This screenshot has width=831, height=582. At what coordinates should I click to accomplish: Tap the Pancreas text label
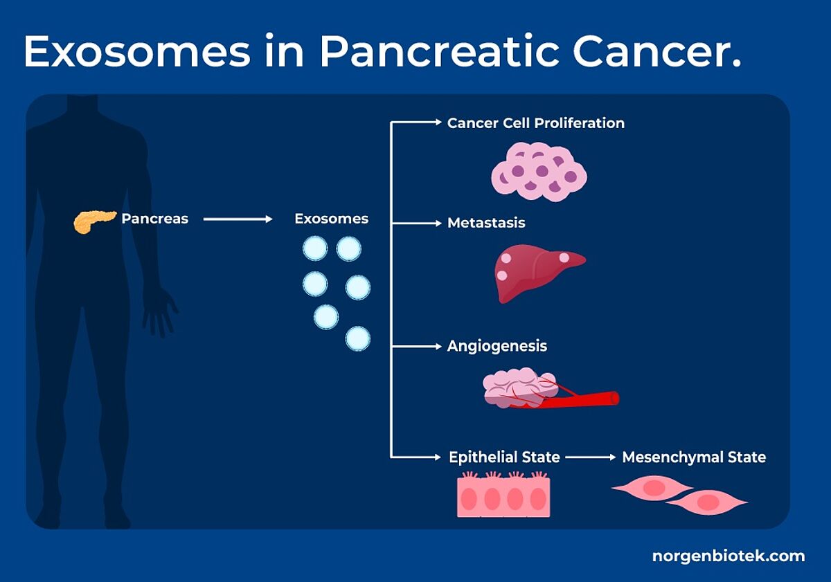[154, 219]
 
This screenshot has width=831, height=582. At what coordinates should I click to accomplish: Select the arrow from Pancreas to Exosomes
[238, 219]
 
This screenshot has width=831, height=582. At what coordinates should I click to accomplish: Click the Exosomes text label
[331, 219]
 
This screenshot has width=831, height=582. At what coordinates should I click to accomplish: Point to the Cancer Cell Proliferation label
[536, 123]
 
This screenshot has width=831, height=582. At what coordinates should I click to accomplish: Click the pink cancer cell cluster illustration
[539, 172]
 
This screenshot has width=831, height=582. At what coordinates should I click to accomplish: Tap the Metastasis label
[486, 223]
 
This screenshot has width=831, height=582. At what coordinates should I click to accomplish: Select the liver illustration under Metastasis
[539, 273]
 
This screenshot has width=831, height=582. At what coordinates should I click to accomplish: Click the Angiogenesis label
[497, 346]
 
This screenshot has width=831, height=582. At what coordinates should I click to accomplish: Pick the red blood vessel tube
[579, 399]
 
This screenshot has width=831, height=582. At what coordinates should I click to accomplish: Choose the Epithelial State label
[504, 457]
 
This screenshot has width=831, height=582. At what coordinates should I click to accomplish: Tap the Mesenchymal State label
[694, 457]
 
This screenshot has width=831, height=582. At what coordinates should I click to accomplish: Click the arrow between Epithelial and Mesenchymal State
[591, 457]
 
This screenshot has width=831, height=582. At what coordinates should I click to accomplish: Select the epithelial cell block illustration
[504, 495]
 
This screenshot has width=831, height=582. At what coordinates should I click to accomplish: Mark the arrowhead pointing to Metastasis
[438, 223]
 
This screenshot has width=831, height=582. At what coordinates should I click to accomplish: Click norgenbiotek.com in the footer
[729, 556]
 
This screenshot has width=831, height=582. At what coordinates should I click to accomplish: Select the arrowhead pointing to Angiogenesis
[438, 347]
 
